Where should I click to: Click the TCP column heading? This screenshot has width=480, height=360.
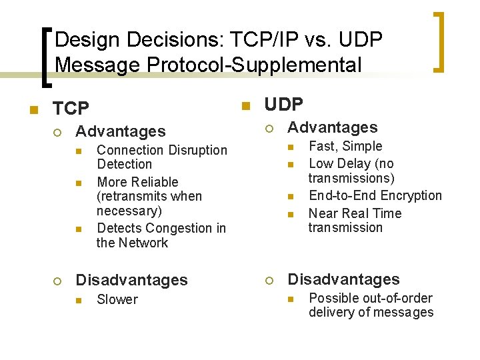tap(71, 108)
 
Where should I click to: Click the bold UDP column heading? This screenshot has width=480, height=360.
tap(284, 105)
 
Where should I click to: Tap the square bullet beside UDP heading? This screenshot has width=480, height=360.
tap(245, 105)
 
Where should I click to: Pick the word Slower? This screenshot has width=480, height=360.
tap(117, 299)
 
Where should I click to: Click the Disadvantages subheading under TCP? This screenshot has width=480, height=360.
tap(132, 280)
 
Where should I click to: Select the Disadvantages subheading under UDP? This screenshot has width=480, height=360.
tap(344, 279)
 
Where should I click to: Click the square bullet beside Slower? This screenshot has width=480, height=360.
tap(77, 301)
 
